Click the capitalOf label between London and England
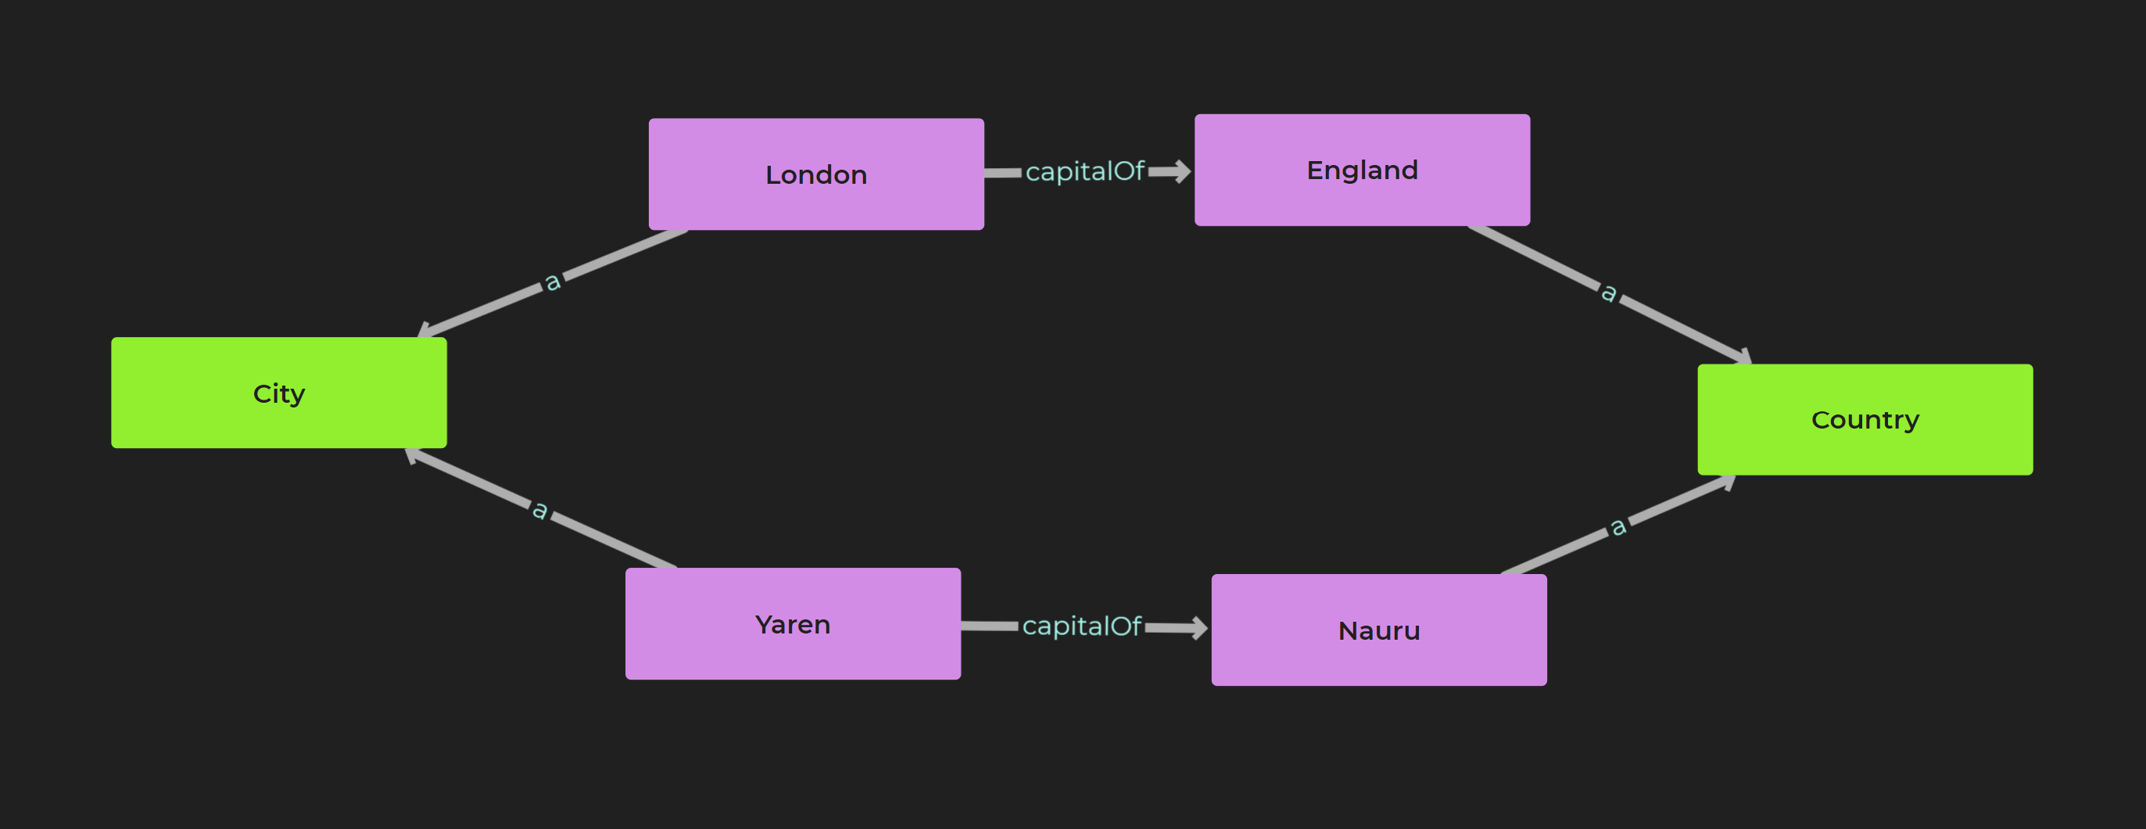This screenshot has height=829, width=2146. tap(1084, 171)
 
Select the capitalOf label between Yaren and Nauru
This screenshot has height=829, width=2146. tap(1080, 626)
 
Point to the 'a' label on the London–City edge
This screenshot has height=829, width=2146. tap(552, 282)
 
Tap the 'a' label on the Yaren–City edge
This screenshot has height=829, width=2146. tap(540, 508)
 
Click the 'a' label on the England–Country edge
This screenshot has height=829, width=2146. tap(1609, 292)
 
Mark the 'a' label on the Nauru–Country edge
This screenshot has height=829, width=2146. tap(1617, 526)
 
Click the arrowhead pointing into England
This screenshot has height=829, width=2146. tap(1182, 171)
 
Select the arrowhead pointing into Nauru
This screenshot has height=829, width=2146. tap(1198, 627)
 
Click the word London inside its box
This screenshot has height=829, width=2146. tap(815, 175)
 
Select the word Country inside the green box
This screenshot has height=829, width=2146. tap(1865, 420)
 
